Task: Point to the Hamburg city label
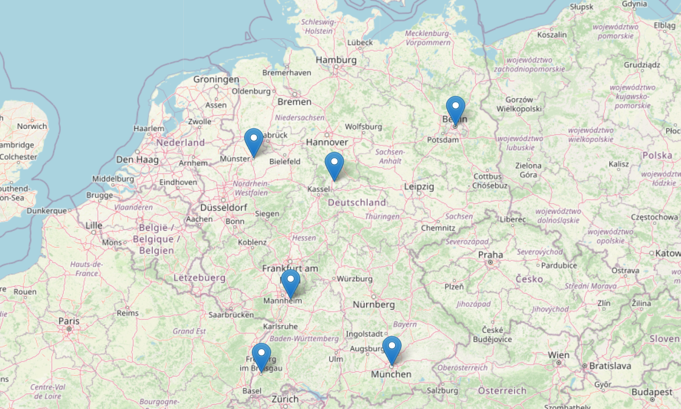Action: coord(336,60)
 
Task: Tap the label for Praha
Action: coord(490,255)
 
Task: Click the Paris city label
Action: coord(69,321)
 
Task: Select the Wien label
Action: coord(558,355)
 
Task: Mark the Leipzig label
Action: coord(419,187)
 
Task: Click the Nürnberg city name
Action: coord(374,305)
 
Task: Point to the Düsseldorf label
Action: coord(224,208)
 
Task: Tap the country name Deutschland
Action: coord(357,202)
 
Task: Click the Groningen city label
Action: coord(216,79)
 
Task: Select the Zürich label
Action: coord(285,399)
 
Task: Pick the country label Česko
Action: coord(529,279)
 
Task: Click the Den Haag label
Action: coord(137,160)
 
